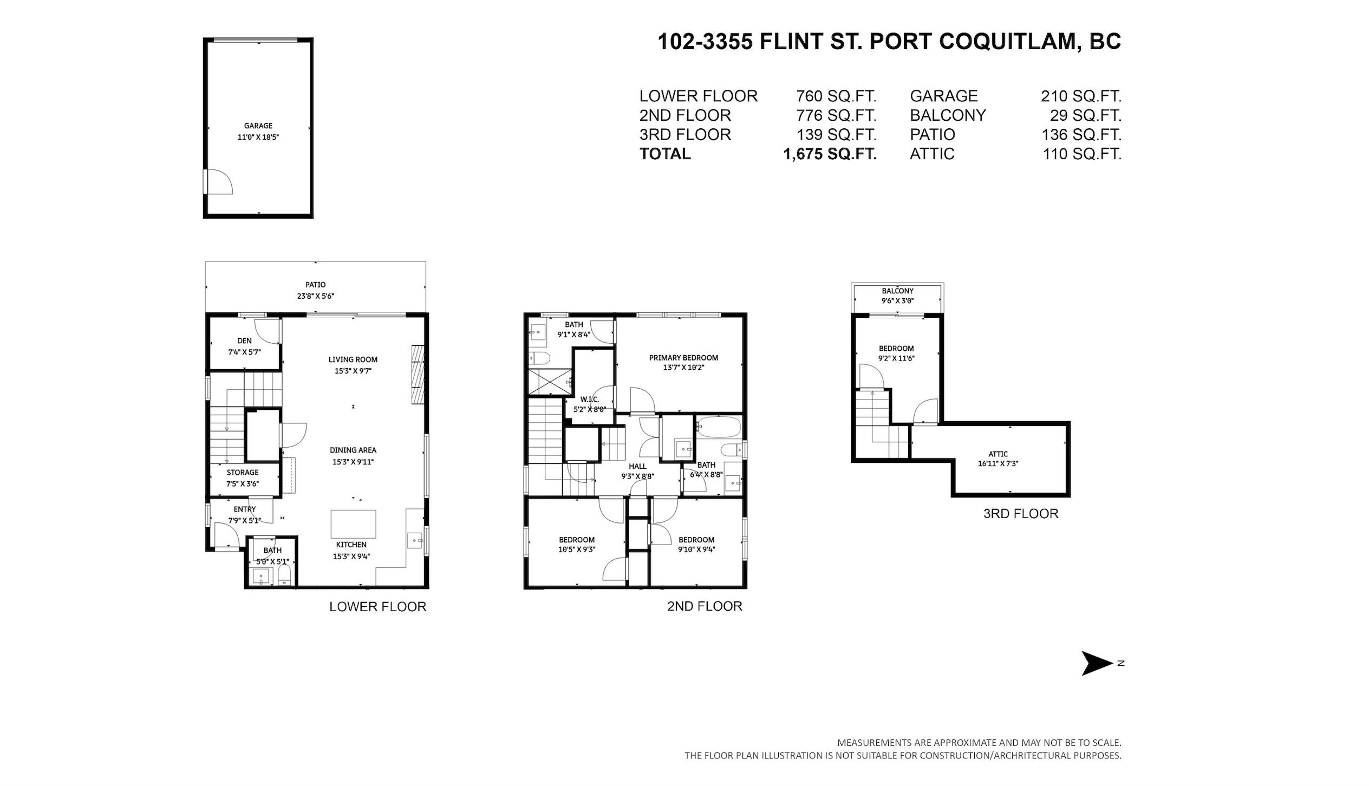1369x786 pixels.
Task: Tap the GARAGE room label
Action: point(258,126)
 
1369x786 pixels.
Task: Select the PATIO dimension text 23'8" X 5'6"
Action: point(315,296)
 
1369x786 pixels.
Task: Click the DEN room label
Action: point(244,340)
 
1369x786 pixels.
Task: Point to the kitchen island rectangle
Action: point(353,524)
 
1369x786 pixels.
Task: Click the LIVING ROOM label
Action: point(353,359)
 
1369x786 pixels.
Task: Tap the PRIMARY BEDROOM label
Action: point(683,358)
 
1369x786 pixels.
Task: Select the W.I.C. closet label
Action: point(590,399)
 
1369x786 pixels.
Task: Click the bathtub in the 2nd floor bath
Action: point(719,428)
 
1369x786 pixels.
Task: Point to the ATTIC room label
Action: point(998,454)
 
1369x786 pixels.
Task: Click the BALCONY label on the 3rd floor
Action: point(897,291)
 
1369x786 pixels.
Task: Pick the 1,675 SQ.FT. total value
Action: point(830,154)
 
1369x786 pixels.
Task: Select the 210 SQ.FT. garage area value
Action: point(1081,96)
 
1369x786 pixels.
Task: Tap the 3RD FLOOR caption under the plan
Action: point(1021,513)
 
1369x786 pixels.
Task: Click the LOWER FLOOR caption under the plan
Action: point(378,607)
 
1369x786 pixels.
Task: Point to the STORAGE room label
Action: point(243,473)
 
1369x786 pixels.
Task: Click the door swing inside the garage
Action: point(220,181)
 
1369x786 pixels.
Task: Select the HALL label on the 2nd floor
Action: point(637,466)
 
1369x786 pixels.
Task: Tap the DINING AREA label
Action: point(353,450)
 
